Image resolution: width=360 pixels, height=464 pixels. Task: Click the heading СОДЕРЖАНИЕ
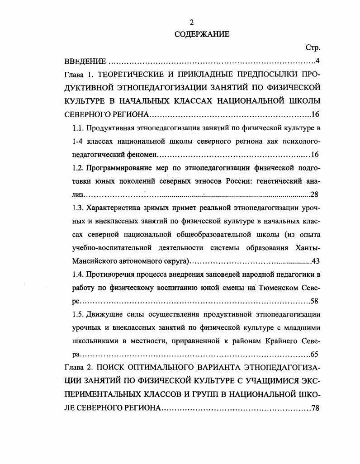pyautogui.click(x=196, y=34)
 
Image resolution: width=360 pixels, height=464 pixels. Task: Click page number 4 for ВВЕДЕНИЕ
pyautogui.click(x=317, y=61)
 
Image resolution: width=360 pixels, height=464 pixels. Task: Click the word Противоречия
pyautogui.click(x=109, y=275)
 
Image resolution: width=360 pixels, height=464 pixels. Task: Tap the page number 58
pyautogui.click(x=315, y=301)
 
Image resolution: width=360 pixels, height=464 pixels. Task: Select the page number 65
pyautogui.click(x=315, y=354)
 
